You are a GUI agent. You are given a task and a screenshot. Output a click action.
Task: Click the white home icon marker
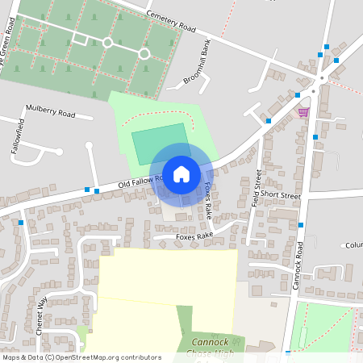point(181,173)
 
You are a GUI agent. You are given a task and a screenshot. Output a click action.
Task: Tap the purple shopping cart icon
point(303,112)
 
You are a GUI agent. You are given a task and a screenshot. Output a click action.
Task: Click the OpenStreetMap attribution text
point(81,357)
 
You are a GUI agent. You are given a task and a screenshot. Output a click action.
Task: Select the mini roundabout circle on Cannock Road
point(322,78)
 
